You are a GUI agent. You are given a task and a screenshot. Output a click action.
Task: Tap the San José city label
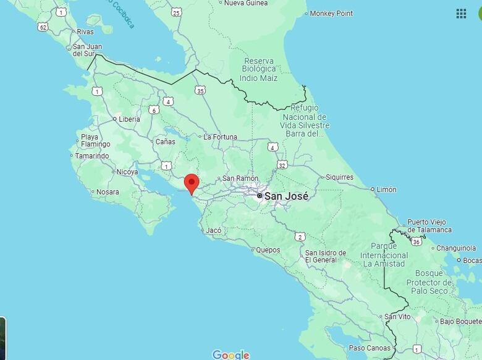tap(286, 196)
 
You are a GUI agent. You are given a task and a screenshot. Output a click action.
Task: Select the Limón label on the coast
tap(386, 190)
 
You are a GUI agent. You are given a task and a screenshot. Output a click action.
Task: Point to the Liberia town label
tap(129, 119)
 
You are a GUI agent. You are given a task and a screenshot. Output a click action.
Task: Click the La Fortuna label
tap(220, 137)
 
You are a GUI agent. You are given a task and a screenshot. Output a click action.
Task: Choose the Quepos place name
tap(268, 250)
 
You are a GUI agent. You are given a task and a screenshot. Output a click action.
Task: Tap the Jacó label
tap(214, 230)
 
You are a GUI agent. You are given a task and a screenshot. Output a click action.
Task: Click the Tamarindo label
tap(92, 156)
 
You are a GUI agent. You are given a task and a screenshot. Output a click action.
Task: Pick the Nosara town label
tap(108, 192)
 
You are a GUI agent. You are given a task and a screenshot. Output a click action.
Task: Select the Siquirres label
tap(339, 177)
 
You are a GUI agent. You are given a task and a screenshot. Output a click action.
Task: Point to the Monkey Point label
tap(331, 14)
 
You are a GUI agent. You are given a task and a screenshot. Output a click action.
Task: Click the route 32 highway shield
tap(282, 165)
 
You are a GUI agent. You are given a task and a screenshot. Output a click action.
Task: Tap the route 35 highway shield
tap(200, 91)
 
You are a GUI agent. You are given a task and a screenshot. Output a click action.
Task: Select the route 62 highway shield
tap(43, 27)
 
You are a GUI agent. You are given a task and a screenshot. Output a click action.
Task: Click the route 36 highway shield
tap(416, 241)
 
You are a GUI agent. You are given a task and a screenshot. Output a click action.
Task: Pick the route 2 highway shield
tap(300, 237)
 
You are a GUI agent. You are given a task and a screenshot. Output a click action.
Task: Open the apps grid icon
tap(461, 14)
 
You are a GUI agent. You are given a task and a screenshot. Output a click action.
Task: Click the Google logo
tap(230, 354)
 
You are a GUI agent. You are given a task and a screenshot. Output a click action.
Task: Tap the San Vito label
tap(397, 317)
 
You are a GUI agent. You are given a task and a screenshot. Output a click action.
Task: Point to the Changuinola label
tap(456, 248)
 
